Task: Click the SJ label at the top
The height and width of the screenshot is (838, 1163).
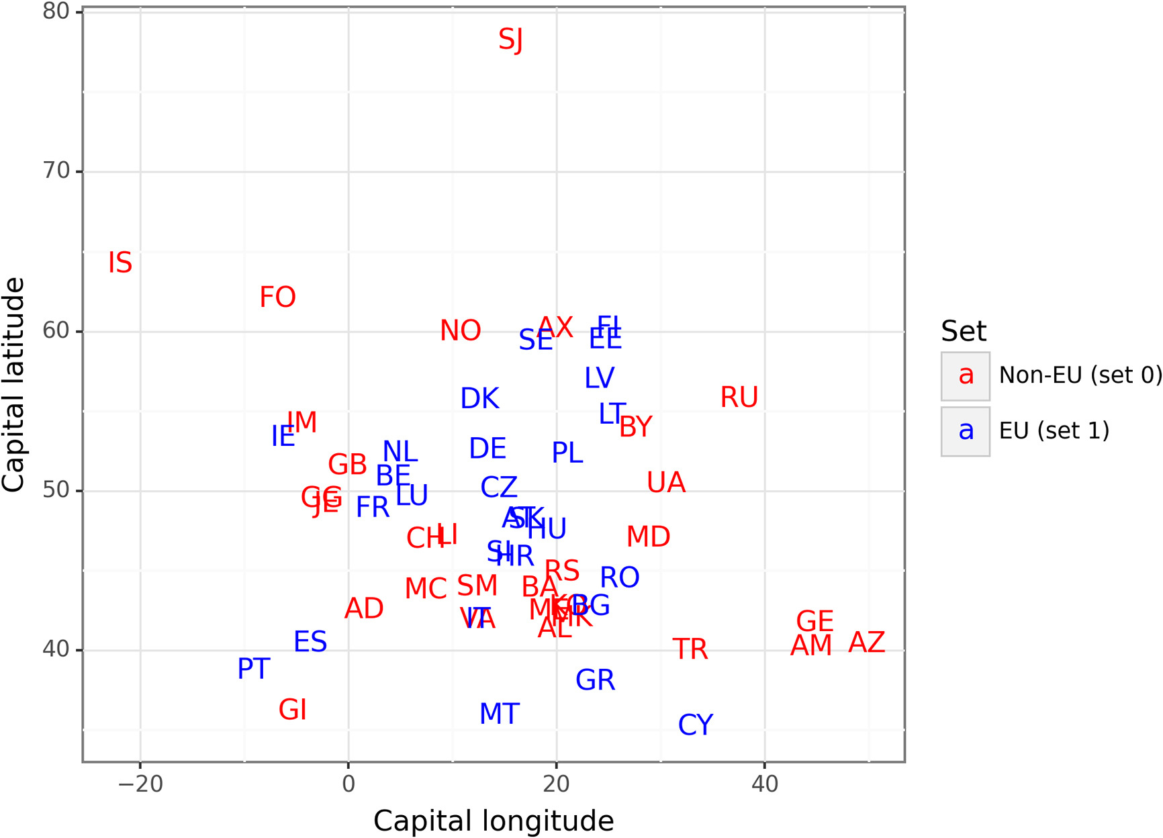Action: click(x=510, y=40)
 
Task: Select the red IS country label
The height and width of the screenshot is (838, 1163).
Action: click(x=120, y=263)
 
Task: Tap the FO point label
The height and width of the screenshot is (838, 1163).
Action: click(x=277, y=297)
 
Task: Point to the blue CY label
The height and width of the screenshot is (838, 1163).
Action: click(x=695, y=725)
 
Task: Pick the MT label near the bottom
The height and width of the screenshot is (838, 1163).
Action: click(x=499, y=714)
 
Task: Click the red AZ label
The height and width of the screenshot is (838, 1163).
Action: click(x=866, y=643)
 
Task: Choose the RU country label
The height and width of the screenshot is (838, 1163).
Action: click(x=739, y=398)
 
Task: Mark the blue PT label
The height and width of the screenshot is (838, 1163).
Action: click(x=253, y=669)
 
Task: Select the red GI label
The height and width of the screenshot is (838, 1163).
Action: click(x=292, y=710)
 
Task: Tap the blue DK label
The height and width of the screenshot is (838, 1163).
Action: click(x=479, y=399)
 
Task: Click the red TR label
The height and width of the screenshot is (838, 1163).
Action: click(x=690, y=649)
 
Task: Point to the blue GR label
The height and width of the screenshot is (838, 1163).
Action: click(x=595, y=681)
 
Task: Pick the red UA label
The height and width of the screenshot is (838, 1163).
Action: click(x=665, y=483)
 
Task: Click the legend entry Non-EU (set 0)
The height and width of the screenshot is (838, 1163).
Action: click(x=1080, y=375)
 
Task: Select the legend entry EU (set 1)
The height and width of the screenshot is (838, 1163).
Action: click(x=1054, y=431)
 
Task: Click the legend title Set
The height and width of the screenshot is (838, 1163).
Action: click(x=963, y=331)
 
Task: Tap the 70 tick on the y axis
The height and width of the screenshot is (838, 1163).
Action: click(x=56, y=171)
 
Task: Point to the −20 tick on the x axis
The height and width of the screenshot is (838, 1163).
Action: click(x=140, y=784)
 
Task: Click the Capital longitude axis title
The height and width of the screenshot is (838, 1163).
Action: click(x=494, y=821)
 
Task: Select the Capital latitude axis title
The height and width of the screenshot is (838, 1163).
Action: click(x=13, y=384)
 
